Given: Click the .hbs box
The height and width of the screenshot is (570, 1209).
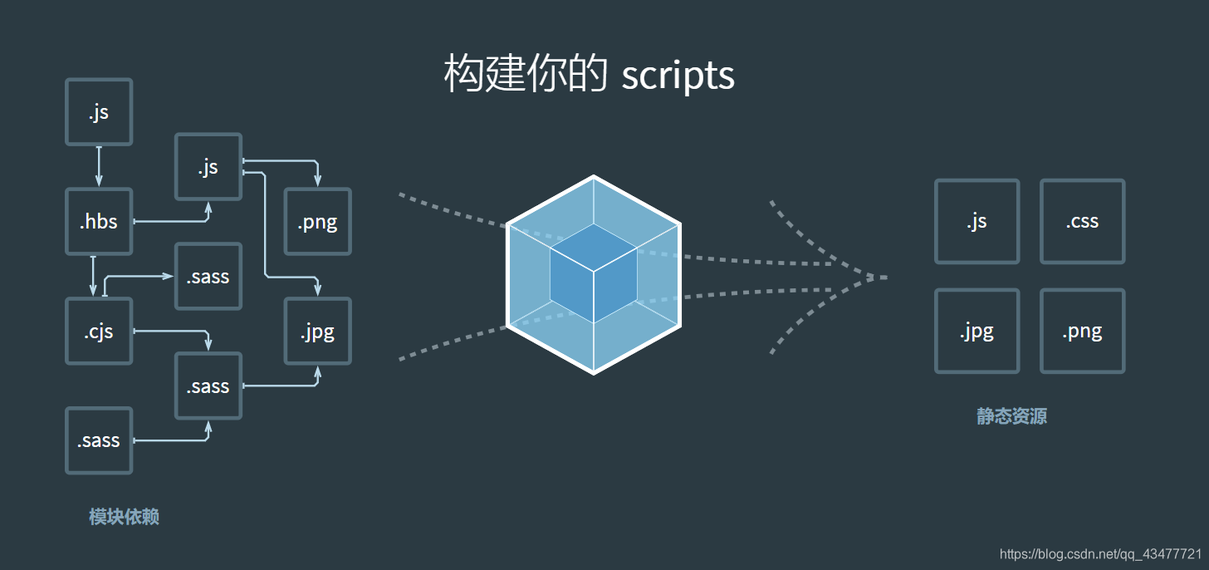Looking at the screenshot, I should click(x=99, y=221).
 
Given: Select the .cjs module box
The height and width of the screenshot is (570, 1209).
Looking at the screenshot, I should click(x=99, y=331).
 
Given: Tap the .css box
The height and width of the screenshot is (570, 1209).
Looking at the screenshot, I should click(x=1082, y=221).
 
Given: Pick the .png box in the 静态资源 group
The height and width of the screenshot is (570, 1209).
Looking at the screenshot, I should click(x=1082, y=331).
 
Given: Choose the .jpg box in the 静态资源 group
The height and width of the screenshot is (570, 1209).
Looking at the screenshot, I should click(x=976, y=331).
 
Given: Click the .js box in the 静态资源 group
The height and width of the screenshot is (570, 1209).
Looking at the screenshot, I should click(x=976, y=221).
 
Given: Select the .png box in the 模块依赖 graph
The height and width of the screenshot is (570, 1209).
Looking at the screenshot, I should click(x=318, y=221).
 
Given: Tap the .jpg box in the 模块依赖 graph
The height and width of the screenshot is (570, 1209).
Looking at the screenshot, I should click(x=318, y=331).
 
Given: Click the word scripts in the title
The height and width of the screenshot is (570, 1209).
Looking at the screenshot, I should click(x=678, y=76).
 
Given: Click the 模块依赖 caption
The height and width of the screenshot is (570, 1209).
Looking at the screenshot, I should click(x=124, y=517).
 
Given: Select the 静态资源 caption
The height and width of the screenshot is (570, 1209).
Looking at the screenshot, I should click(x=1011, y=416).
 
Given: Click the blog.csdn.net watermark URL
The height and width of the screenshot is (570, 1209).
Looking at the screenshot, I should click(x=1100, y=554).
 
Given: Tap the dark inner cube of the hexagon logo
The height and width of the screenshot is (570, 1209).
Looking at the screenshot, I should click(x=593, y=273).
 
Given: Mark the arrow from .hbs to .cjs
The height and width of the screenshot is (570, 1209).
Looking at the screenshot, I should click(x=93, y=275).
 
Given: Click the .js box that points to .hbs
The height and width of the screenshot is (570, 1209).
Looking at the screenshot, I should click(x=99, y=112).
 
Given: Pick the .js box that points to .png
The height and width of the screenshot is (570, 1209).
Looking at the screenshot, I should click(x=208, y=166).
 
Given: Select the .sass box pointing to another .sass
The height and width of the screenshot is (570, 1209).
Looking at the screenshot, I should click(x=99, y=440).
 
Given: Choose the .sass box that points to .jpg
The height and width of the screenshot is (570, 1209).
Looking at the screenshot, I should click(x=208, y=386).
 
